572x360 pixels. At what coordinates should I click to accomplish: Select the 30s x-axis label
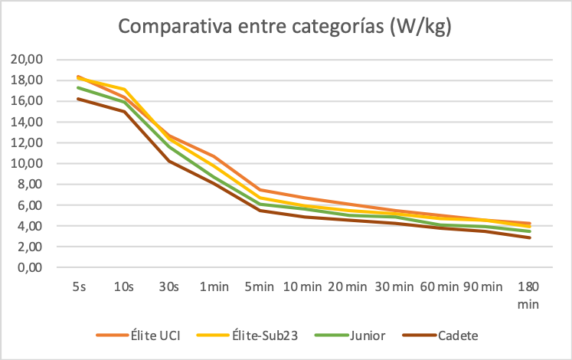(x=168, y=287)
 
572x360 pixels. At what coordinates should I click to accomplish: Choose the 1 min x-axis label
(x=214, y=287)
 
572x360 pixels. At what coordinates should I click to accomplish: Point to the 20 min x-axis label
(x=348, y=287)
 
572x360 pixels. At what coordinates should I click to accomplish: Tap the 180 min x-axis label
(x=528, y=295)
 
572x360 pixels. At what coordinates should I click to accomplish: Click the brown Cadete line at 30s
(x=168, y=161)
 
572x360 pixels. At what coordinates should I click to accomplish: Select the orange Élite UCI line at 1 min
(x=214, y=156)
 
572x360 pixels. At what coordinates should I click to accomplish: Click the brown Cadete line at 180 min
(x=528, y=237)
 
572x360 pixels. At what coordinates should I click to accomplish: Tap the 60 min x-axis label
(x=439, y=287)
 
